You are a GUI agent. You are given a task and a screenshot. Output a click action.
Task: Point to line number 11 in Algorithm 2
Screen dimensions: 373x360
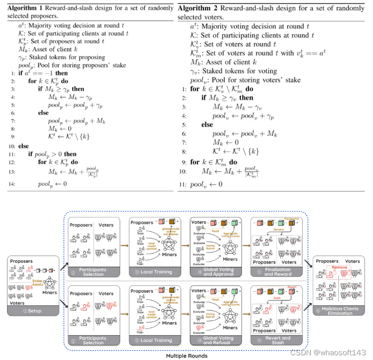(x=182, y=184)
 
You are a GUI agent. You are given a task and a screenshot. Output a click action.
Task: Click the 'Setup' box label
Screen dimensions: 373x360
(x=33, y=311)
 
